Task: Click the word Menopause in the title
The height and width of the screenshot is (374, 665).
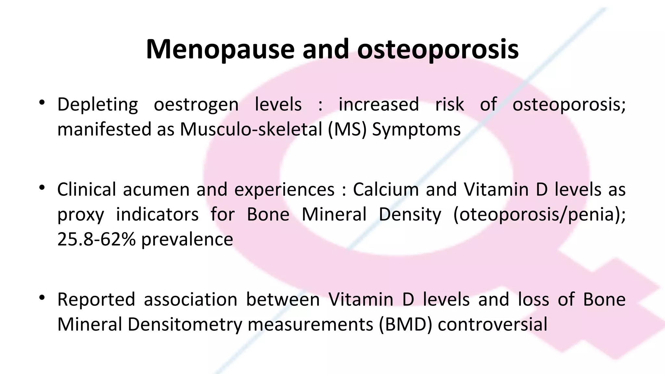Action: point(220,49)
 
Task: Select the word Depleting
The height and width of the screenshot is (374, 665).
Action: point(97,105)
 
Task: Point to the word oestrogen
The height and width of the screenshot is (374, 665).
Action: point(196,105)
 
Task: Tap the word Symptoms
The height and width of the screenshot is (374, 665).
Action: point(416,129)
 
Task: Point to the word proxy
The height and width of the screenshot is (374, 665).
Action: point(81,215)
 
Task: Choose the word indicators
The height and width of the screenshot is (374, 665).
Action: point(157,215)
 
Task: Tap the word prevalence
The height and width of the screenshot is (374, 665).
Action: point(187,239)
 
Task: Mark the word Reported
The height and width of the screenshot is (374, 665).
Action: point(96,299)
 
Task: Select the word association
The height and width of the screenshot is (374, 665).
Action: point(191,299)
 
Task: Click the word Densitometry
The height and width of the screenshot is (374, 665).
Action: point(185,324)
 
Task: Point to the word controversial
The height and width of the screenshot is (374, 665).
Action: point(493,324)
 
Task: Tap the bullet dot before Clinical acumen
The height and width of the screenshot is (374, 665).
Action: point(42,188)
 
